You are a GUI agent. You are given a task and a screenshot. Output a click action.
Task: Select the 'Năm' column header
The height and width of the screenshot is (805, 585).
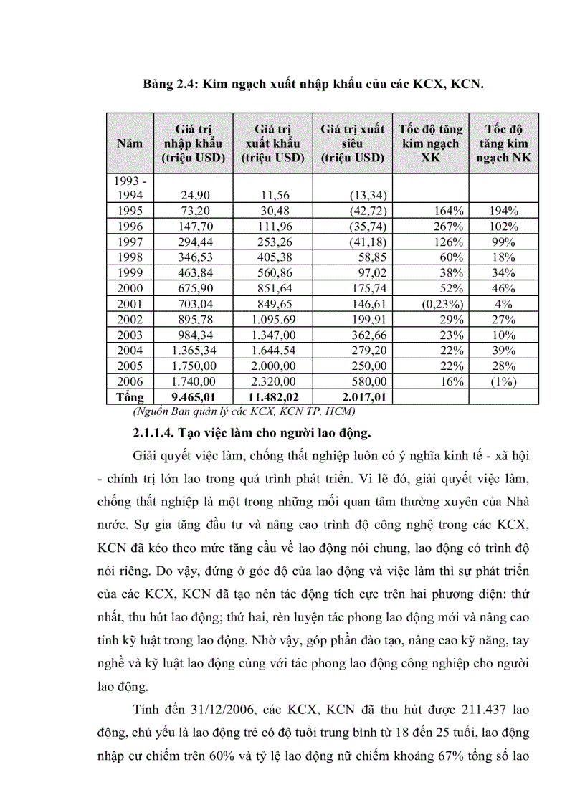tap(130, 143)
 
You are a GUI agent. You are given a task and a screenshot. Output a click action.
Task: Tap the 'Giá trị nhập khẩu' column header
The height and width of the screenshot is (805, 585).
tap(193, 143)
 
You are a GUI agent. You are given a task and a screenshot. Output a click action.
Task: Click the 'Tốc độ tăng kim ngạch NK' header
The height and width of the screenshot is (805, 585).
tap(503, 143)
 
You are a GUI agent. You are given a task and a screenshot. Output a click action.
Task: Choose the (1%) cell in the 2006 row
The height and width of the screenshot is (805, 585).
tap(503, 382)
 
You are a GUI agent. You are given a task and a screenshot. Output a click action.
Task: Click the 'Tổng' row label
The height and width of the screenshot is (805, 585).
tap(125, 397)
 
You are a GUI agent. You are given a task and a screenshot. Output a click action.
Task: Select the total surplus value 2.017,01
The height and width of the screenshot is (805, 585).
tap(358, 397)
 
